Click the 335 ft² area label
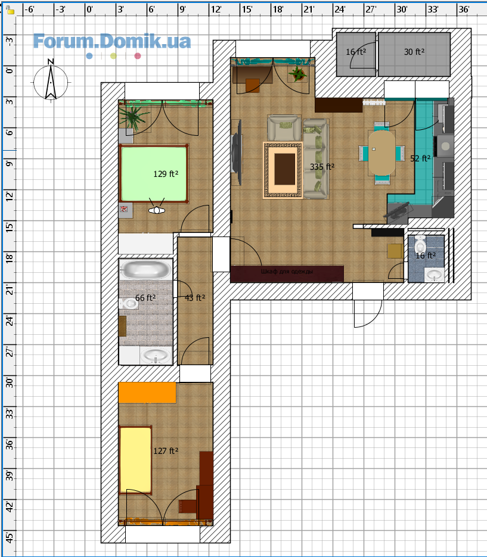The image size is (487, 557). [x=322, y=167]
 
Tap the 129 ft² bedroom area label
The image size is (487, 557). [x=166, y=174]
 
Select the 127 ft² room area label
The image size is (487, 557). [x=166, y=451]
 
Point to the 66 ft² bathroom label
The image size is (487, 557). [x=145, y=298]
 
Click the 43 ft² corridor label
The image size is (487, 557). [x=195, y=298]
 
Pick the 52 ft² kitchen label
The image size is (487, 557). [x=420, y=158]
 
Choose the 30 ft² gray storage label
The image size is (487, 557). [x=414, y=52]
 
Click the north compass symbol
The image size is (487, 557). [x=51, y=82]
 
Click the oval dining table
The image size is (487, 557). [x=381, y=153]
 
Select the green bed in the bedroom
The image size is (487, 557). [x=154, y=174]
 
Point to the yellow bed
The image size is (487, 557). [x=135, y=460]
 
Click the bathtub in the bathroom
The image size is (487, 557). [x=146, y=270]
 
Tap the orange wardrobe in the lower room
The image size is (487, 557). [x=147, y=393]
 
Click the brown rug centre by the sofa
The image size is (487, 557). [x=284, y=169]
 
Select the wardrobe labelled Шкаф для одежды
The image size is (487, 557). [x=287, y=273]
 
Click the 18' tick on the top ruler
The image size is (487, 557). [x=271, y=10]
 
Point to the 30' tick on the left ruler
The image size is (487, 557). [x=10, y=376]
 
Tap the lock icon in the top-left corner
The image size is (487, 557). [x=10, y=10]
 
